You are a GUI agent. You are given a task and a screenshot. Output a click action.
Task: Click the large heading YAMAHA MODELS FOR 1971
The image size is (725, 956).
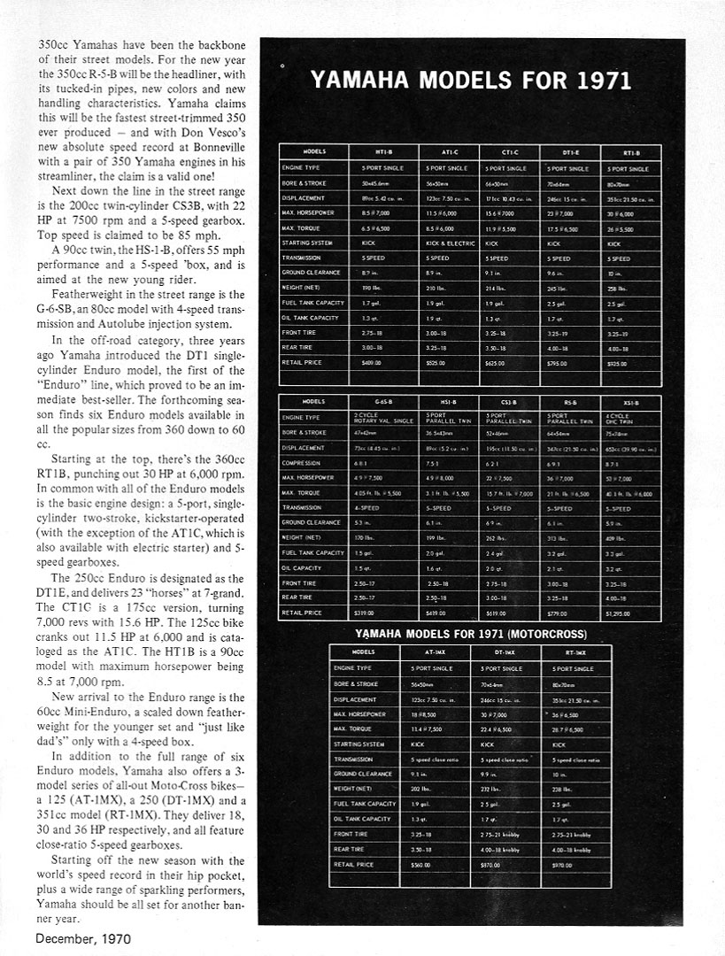(x=470, y=81)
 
